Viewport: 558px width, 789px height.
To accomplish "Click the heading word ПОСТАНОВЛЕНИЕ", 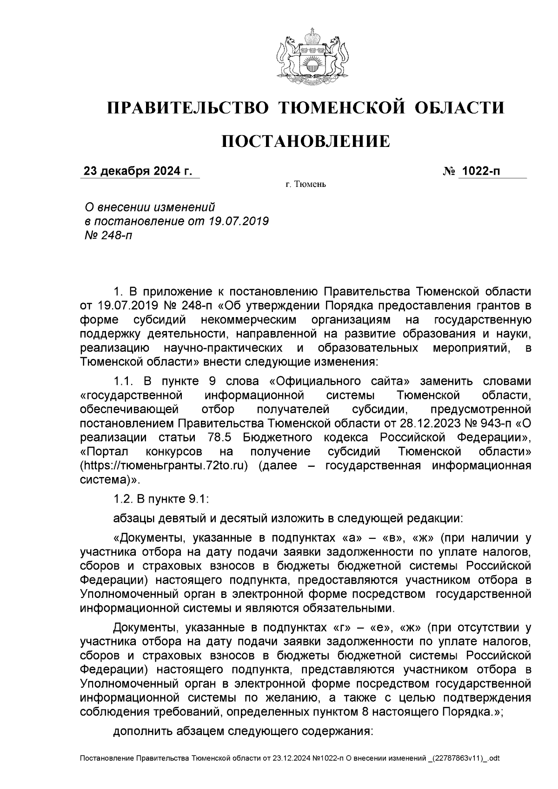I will [305, 141].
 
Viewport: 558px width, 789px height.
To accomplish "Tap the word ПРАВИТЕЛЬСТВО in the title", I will [188, 108].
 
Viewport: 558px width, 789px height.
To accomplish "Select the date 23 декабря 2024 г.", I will [137, 171].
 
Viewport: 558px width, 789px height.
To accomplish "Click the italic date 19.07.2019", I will [238, 220].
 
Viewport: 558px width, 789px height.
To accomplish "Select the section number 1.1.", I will [123, 382].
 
